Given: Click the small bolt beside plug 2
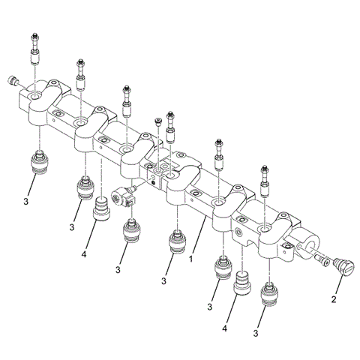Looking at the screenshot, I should coord(323,260).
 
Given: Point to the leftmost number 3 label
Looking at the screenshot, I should coord(26,202).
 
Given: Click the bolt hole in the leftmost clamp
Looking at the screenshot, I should coord(36,97).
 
